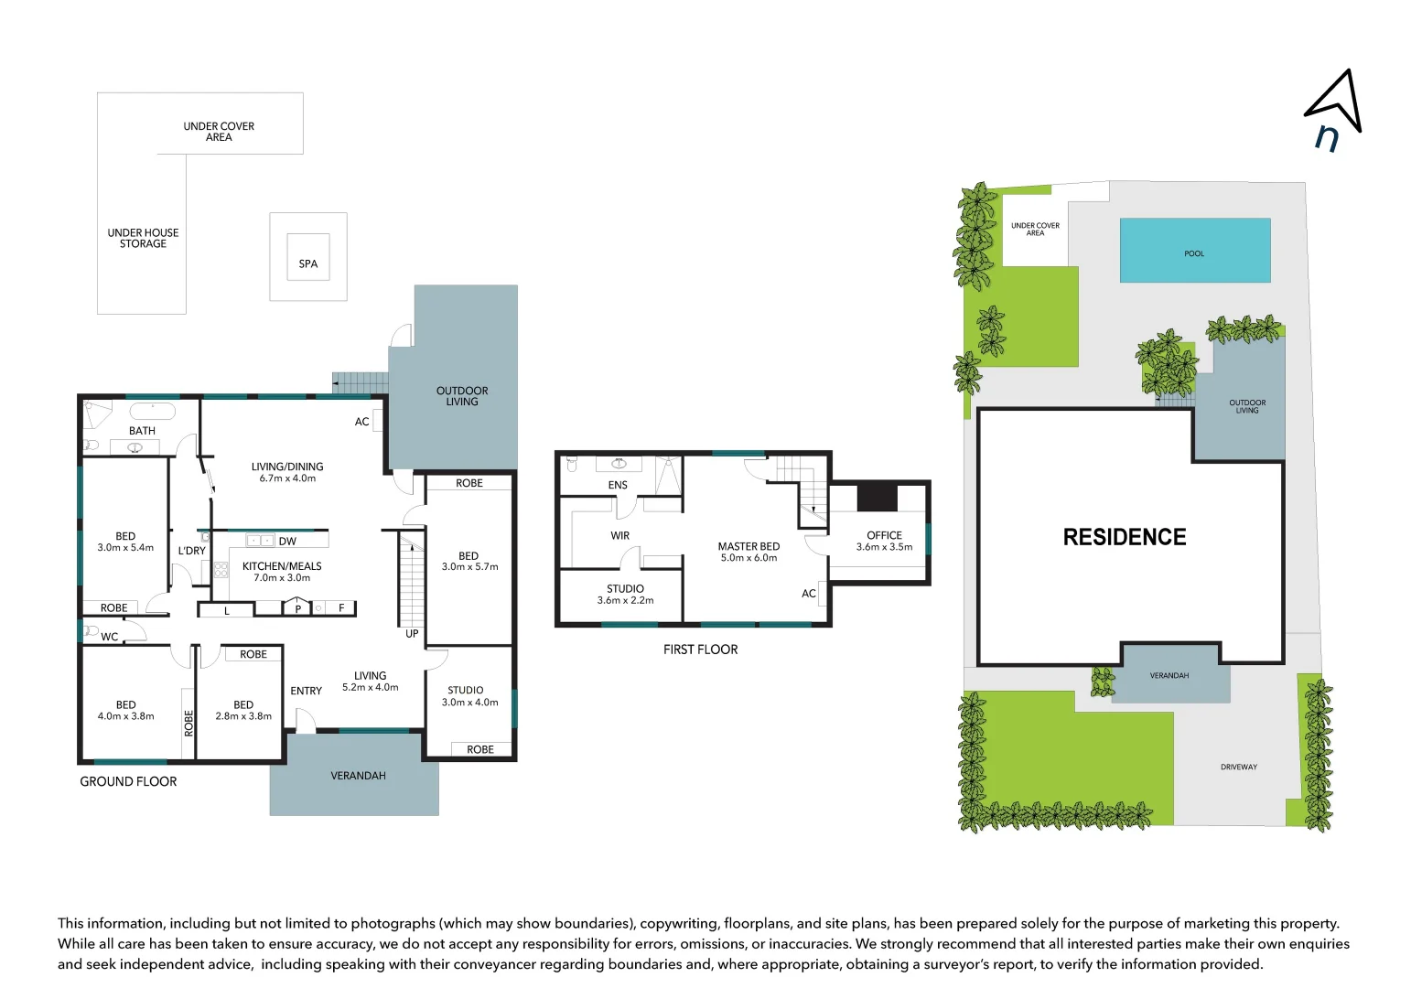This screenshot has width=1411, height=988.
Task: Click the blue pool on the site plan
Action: coord(1194,250)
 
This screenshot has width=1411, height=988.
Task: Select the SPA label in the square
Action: coord(308,263)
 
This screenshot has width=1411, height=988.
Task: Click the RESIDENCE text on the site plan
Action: coord(1124,537)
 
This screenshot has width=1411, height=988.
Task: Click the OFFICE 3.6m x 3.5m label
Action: coord(884,541)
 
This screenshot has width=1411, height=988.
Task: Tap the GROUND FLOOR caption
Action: coord(128,781)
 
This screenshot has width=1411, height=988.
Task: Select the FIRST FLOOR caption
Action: coord(700,650)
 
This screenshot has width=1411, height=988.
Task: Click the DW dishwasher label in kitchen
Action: coord(287,542)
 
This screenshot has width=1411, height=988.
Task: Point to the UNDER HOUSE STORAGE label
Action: coord(143,238)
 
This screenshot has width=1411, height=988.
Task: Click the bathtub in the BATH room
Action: coord(152,411)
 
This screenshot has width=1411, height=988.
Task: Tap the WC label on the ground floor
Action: coord(110,637)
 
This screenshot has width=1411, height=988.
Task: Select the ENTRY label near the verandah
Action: coord(306,691)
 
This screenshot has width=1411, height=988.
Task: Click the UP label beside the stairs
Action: coord(412,633)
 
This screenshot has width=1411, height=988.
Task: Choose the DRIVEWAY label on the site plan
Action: coord(1238,767)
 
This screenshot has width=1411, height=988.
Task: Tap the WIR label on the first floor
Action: coord(619,536)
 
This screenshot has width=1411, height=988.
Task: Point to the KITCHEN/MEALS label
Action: coord(282,571)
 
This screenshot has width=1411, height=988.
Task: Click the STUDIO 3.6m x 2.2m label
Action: coord(625,594)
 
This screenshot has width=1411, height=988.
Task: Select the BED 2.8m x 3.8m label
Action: coord(243,710)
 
